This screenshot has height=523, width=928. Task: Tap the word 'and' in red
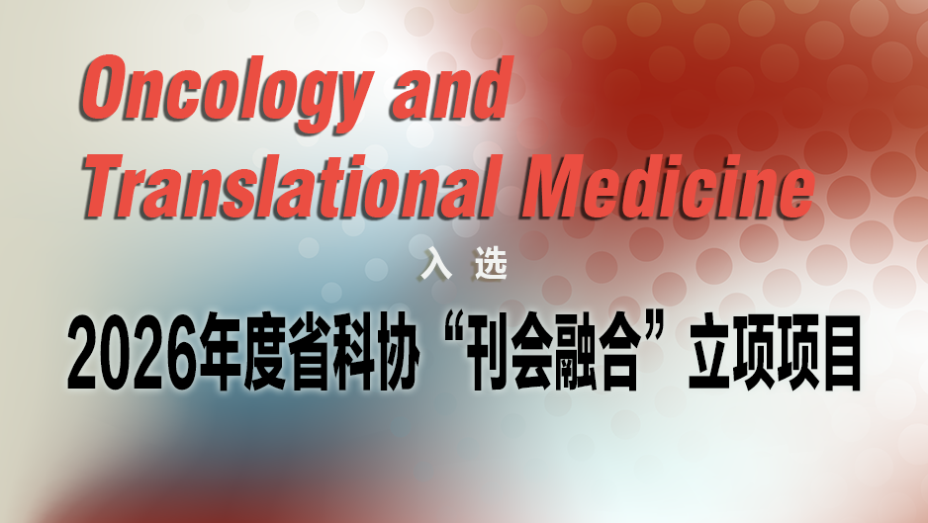pyautogui.click(x=451, y=88)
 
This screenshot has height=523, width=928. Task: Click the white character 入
pyautogui.click(x=436, y=264)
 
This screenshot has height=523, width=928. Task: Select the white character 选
pyautogui.click(x=492, y=264)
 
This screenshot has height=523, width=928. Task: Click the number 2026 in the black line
pyautogui.click(x=131, y=353)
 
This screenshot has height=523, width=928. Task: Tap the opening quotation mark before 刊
pyautogui.click(x=453, y=331)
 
